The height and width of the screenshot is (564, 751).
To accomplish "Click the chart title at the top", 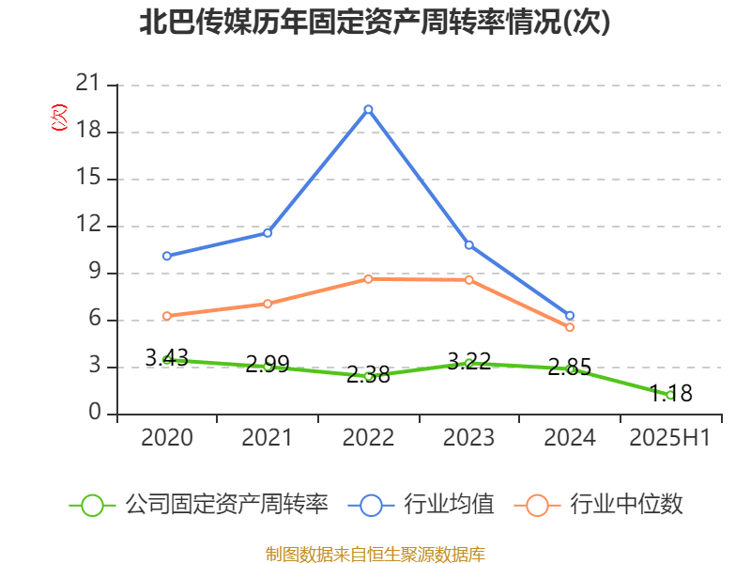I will tap(375, 23).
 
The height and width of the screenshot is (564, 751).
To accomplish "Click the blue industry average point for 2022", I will tap(368, 109).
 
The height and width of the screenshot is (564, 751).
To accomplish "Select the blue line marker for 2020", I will tap(166, 256).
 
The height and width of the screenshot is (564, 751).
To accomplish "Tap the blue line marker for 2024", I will tap(570, 316).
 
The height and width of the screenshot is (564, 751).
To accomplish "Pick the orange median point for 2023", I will tap(469, 280).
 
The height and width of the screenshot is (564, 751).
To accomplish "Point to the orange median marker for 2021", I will tap(268, 304).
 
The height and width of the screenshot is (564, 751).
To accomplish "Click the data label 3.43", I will tap(166, 358).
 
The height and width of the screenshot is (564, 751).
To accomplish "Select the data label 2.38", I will tap(368, 374).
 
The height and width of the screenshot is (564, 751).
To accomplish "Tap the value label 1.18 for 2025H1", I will tap(671, 393).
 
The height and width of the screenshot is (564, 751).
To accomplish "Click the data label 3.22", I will tap(469, 361).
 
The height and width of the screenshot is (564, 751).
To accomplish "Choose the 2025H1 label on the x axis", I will tap(670, 438).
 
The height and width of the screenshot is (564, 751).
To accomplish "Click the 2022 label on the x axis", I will tap(368, 438).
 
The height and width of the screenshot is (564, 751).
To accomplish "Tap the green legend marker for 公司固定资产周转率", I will tap(92, 505).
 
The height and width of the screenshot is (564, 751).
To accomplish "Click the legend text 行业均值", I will tap(449, 505).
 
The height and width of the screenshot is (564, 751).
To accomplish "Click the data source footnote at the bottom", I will tap(375, 554).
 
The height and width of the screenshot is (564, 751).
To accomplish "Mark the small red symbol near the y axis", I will tap(59, 117).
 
